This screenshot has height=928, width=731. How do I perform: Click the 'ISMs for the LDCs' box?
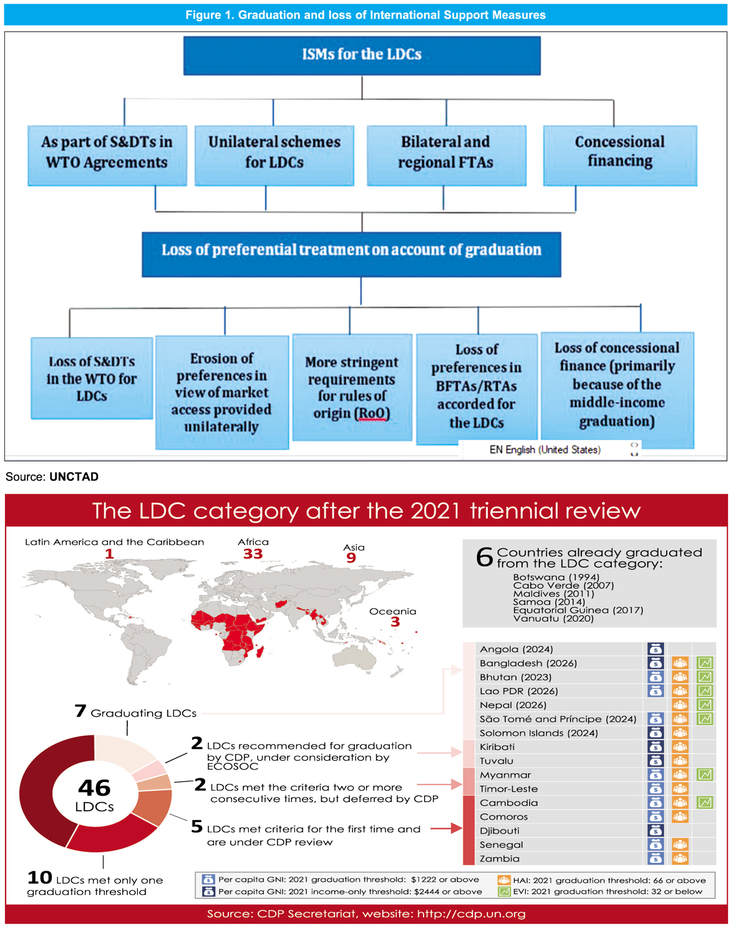362,55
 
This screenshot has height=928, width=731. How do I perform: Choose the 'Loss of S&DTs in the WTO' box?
92,379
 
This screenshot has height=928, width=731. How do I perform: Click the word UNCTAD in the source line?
74,477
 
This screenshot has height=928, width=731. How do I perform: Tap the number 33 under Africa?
253,554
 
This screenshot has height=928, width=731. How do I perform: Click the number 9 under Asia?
351,558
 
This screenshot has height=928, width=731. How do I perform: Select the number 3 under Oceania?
395,622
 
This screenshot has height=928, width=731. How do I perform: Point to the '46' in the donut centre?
94,788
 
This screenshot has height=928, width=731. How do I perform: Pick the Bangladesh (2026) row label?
528,663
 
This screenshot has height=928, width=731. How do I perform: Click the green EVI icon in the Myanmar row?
705,775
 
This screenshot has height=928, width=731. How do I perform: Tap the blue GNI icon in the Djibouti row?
656,831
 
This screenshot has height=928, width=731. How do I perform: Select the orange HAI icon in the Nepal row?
680,705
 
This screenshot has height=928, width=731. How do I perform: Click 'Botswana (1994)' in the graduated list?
556,578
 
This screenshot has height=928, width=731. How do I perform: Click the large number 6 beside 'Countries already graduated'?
484,556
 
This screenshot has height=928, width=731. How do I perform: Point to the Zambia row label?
499,859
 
